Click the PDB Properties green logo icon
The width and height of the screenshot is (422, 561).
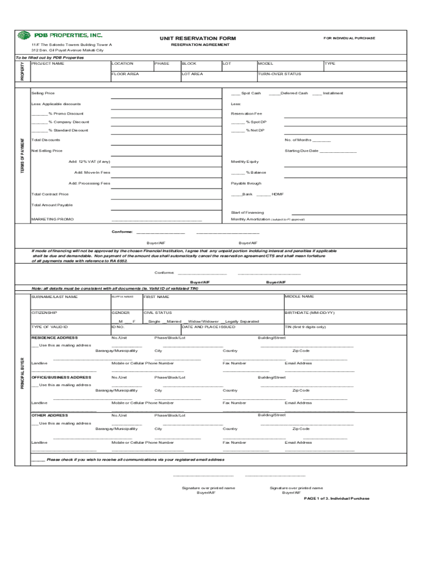pyautogui.click(x=25, y=36)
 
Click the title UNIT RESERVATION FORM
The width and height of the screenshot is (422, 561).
pyautogui.click(x=197, y=38)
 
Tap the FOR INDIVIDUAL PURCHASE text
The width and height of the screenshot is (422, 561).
pyautogui.click(x=349, y=38)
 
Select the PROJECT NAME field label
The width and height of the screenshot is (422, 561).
pyautogui.click(x=48, y=64)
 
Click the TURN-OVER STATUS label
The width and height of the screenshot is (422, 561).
pyautogui.click(x=279, y=74)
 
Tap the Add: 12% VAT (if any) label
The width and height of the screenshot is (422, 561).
pyautogui.click(x=89, y=162)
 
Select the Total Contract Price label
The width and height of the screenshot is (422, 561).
pyautogui.click(x=50, y=194)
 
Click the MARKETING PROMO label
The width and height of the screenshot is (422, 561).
pyautogui.click(x=53, y=219)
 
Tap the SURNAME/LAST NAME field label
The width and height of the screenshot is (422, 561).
pyautogui.click(x=55, y=297)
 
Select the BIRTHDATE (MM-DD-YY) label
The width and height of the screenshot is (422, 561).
pyautogui.click(x=309, y=313)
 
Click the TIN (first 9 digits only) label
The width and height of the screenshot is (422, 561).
pyautogui.click(x=305, y=327)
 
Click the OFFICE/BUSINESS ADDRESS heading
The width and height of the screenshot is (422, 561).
pyautogui.click(x=61, y=377)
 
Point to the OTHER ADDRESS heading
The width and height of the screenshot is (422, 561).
pyautogui.click(x=50, y=415)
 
